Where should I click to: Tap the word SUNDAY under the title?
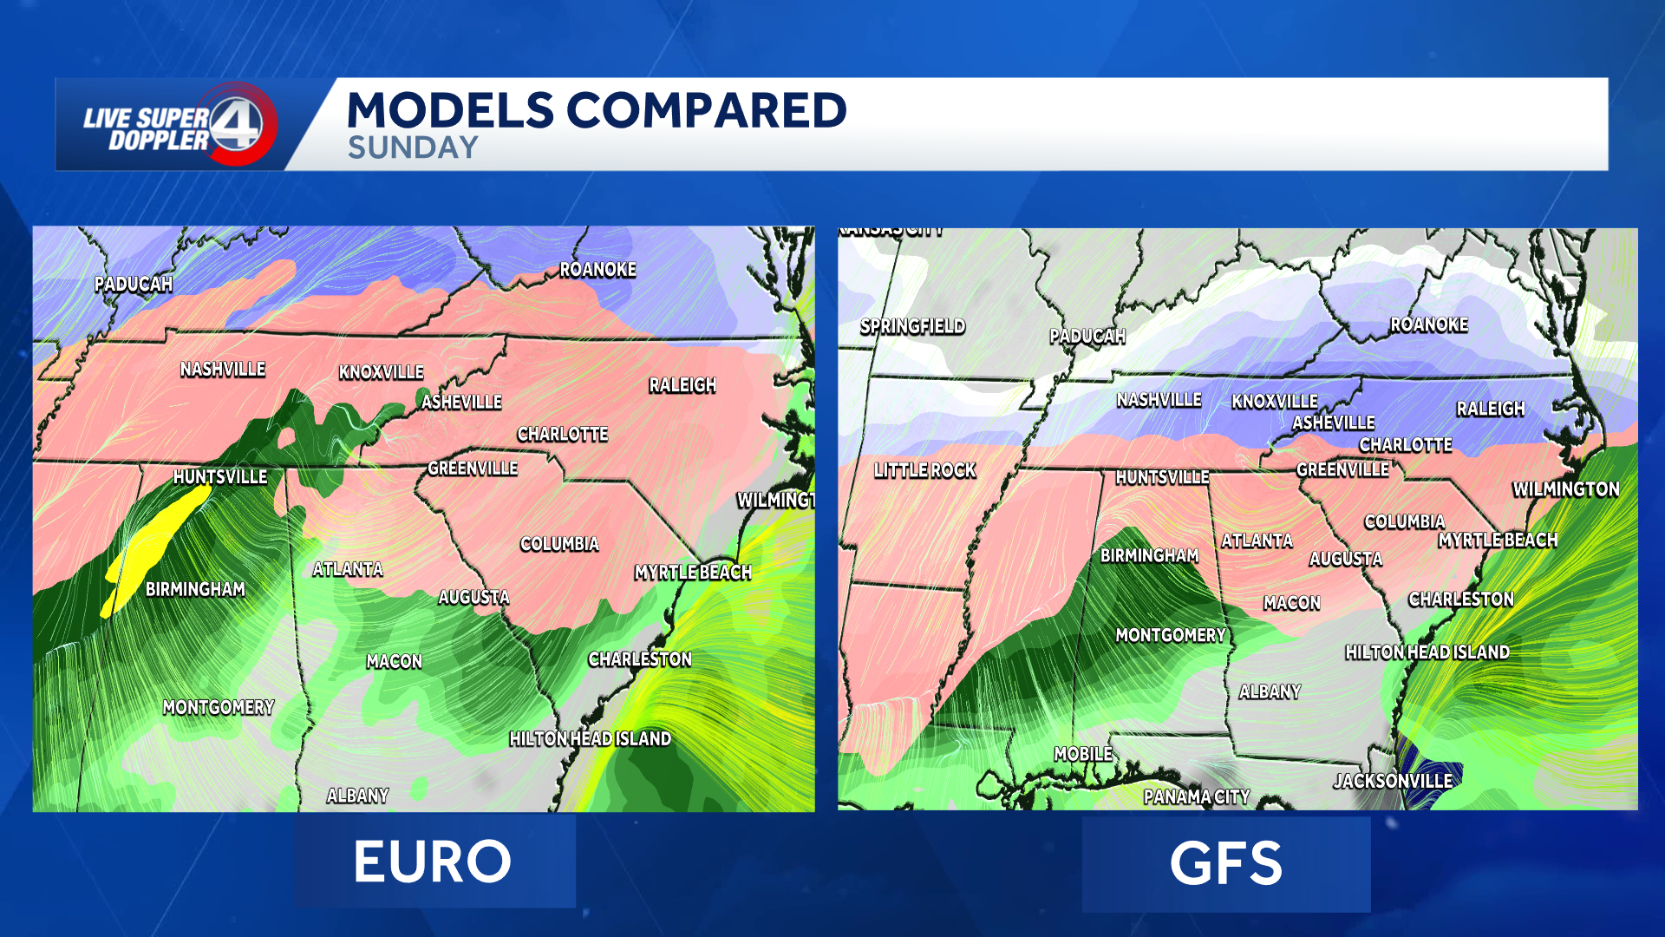[413, 148]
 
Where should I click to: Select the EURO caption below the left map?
[433, 862]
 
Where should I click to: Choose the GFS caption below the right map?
[1225, 863]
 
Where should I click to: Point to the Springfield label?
[912, 326]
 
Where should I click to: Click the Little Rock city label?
[924, 470]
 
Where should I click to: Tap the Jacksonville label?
[1393, 781]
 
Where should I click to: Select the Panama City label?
[1197, 796]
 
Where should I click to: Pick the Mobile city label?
[1083, 754]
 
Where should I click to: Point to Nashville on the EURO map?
[223, 370]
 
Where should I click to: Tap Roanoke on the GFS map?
[1429, 324]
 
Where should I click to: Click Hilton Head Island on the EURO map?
[590, 739]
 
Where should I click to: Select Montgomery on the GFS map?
[1171, 635]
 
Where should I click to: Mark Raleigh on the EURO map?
[682, 385]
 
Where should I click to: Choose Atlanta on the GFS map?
[1257, 541]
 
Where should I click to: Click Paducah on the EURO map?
[134, 284]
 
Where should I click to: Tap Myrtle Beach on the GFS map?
[1498, 541]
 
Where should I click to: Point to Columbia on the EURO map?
[559, 544]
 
